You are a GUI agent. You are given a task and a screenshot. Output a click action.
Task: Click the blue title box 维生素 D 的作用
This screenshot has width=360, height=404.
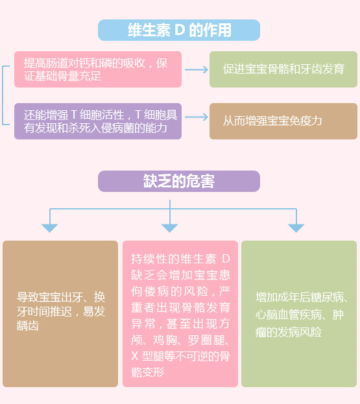point(179,30)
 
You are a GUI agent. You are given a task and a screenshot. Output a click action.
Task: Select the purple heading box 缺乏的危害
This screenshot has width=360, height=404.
point(179,181)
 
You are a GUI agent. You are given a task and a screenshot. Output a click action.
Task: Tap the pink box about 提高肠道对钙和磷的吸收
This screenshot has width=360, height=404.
point(98,69)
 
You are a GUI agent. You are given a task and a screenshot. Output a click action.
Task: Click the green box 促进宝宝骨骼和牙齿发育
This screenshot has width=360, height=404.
point(283,69)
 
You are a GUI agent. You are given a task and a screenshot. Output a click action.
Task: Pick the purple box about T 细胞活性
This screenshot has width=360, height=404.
point(98,121)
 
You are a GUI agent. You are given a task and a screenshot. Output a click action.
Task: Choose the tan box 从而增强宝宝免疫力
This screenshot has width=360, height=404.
point(283,121)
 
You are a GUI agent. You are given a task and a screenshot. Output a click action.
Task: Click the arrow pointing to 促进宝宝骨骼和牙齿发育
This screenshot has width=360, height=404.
point(197,69)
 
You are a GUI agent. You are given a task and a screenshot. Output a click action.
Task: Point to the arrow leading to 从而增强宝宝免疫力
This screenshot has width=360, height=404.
point(197,117)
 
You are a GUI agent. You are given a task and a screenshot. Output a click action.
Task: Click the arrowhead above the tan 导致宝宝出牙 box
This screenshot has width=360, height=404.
point(49,228)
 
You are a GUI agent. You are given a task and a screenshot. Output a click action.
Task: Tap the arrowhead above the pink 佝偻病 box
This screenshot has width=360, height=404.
point(169,228)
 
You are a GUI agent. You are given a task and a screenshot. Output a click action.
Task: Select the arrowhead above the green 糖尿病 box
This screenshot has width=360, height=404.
point(296,228)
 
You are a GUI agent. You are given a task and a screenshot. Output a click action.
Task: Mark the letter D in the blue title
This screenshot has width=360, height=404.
point(180,30)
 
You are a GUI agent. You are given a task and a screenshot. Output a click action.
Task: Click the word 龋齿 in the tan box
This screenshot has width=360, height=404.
point(28,326)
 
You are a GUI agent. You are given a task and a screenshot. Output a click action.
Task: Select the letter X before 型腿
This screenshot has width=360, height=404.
point(135,356)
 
